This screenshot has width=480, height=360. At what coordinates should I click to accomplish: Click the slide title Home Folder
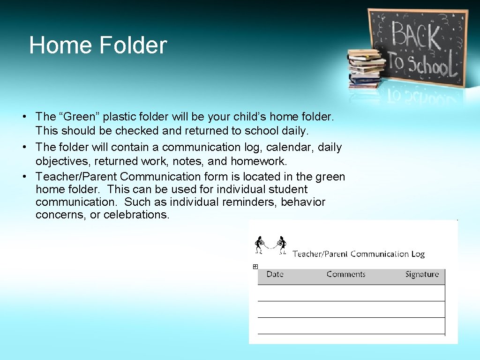[98, 46]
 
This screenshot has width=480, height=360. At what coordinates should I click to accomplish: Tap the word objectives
[63, 161]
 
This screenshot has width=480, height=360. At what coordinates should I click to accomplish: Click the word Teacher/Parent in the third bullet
[76, 177]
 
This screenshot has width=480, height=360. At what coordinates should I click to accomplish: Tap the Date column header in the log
[275, 274]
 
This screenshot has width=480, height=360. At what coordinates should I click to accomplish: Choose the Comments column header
[346, 274]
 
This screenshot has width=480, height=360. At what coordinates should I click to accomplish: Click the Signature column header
[422, 274]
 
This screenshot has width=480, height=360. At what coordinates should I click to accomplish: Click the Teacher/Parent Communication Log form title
[359, 254]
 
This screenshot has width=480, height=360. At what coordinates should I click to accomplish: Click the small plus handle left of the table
[255, 267]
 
